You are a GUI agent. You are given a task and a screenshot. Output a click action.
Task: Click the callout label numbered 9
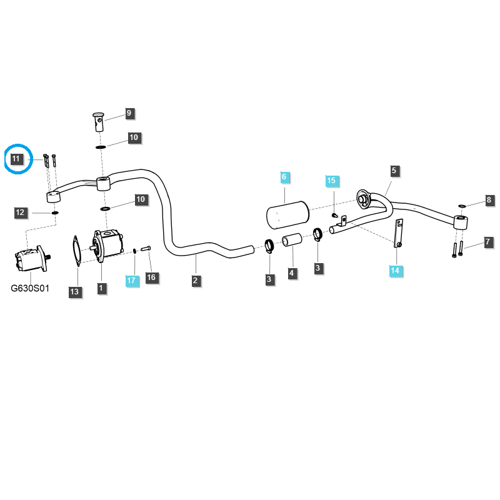[129, 113]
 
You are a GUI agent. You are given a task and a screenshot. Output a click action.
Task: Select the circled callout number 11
[17, 159]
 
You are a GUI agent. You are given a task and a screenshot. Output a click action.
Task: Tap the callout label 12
[20, 212]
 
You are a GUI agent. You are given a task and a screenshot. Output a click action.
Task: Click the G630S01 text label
[30, 289]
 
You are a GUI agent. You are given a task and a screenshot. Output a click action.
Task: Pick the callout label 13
[74, 291]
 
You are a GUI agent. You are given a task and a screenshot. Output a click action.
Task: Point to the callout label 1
[101, 288]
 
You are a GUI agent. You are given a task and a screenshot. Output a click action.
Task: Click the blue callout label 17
[131, 281]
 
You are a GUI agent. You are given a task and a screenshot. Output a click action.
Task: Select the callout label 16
[151, 277]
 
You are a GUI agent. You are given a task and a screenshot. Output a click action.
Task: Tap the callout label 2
[195, 281]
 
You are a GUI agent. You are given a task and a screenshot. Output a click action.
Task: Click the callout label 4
[291, 273]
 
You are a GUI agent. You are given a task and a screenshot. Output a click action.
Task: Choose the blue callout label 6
[284, 177]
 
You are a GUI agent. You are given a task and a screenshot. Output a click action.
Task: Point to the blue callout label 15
[331, 181]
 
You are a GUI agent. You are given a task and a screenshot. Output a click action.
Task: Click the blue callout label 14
[395, 271]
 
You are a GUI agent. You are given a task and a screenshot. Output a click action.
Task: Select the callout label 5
[394, 170]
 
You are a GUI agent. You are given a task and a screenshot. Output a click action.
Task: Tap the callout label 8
[489, 201]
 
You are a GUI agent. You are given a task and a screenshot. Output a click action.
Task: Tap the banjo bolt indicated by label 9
[98, 120]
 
